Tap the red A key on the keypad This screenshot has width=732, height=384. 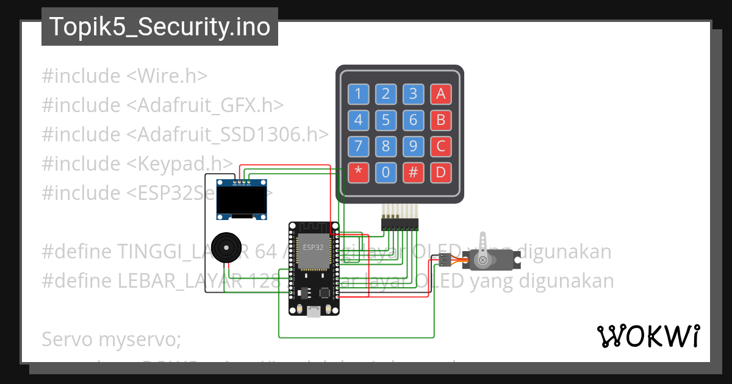(440, 94)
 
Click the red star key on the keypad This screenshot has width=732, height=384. (358, 172)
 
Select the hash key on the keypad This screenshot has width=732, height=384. (413, 172)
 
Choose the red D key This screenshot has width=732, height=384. (440, 172)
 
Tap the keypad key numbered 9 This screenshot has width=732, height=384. (413, 146)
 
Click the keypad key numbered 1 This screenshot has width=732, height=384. (358, 94)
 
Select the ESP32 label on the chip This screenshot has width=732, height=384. (313, 247)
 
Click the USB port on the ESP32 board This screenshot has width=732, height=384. (314, 311)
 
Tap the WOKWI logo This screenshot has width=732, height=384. (648, 336)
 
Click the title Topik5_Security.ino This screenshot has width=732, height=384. (160, 27)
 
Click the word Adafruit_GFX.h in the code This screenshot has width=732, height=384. (205, 105)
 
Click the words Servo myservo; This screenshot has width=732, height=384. (111, 339)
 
